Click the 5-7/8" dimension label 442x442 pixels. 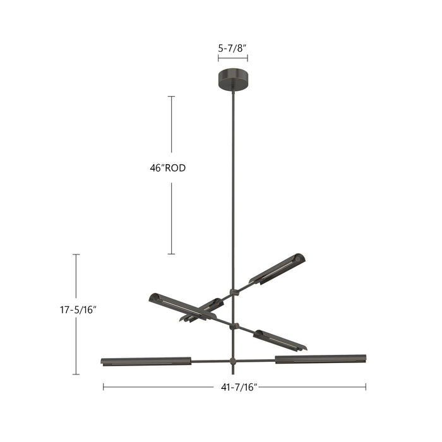point(233,47)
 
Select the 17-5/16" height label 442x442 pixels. point(78,310)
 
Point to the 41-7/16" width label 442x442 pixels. point(235,387)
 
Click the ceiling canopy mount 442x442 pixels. point(233,80)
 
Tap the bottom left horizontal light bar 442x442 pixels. point(146,361)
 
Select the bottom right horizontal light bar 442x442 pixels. point(321,359)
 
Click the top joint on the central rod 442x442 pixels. point(234,292)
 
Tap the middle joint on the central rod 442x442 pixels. point(234,326)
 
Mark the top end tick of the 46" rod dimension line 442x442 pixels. point(171,97)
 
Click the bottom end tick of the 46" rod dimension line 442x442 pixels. point(171,254)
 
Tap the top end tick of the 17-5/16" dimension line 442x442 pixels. point(76,254)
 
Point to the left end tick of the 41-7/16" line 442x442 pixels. point(104,387)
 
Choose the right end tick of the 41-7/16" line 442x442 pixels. point(366,387)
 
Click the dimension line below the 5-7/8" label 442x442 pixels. point(233,58)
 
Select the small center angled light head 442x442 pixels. point(202,309)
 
